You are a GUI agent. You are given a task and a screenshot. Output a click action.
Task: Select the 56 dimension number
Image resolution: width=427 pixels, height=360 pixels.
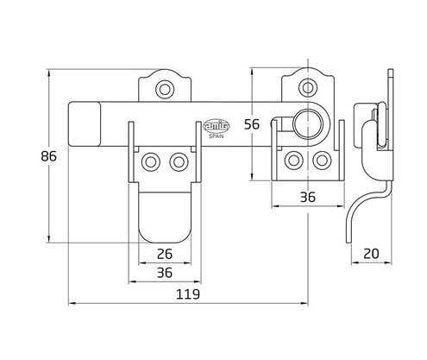click(x=253, y=123)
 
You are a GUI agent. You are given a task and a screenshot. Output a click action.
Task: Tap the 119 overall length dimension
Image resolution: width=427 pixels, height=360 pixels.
click(x=188, y=294)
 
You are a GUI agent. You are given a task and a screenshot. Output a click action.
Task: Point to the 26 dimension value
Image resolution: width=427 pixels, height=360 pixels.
click(x=166, y=253)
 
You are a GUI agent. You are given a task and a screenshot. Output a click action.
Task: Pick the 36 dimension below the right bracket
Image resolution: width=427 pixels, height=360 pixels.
click(x=307, y=198)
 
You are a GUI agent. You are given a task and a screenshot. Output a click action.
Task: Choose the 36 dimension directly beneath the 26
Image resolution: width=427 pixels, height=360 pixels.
click(x=166, y=272)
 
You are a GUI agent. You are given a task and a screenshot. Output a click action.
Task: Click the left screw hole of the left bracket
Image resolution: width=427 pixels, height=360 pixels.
click(x=152, y=161)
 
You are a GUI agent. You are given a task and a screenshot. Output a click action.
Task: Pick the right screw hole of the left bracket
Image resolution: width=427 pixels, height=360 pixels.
click(x=179, y=161)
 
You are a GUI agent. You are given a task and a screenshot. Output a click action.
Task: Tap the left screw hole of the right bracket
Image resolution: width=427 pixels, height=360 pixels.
click(x=294, y=161)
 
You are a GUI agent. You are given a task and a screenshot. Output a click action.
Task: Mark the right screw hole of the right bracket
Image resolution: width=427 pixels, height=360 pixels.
click(x=321, y=161)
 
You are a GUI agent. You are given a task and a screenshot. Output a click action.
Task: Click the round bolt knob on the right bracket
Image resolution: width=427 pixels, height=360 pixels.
click(x=305, y=123)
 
